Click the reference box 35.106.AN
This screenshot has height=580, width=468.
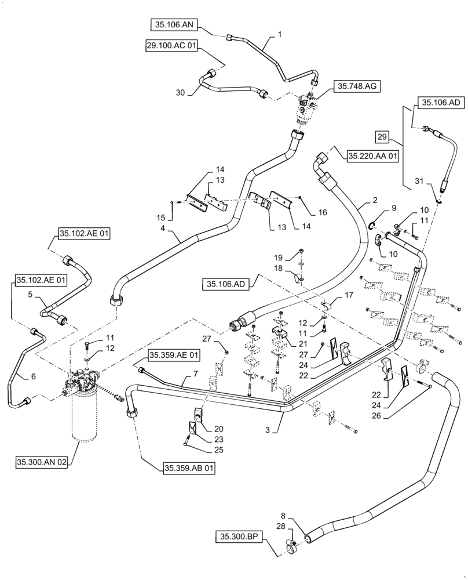(174, 24)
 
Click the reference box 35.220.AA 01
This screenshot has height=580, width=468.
(373, 155)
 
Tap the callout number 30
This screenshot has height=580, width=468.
(180, 93)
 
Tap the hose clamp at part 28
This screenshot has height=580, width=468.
(292, 545)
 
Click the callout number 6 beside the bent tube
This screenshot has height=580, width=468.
(33, 376)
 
